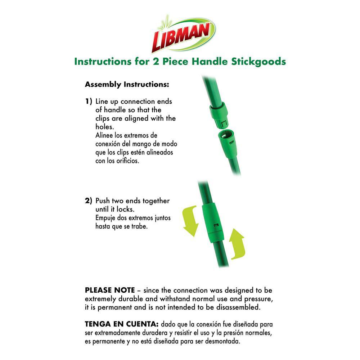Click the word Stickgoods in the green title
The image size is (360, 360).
click(x=258, y=62)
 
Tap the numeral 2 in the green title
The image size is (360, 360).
click(x=156, y=62)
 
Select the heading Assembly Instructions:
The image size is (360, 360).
click(x=127, y=85)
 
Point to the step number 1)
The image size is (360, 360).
click(x=89, y=101)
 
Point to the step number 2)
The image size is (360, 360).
click(x=89, y=201)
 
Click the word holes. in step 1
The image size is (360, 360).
click(x=105, y=127)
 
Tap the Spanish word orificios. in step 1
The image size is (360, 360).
click(x=128, y=161)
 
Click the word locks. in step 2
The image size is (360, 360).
click(x=126, y=209)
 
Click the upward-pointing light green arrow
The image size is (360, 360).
click(x=237, y=244)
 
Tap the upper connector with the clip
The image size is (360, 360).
click(x=219, y=115)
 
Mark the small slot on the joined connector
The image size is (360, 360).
click(x=216, y=225)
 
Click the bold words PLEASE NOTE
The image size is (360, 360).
click(x=110, y=290)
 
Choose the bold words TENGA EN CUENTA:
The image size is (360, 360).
click(x=122, y=324)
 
